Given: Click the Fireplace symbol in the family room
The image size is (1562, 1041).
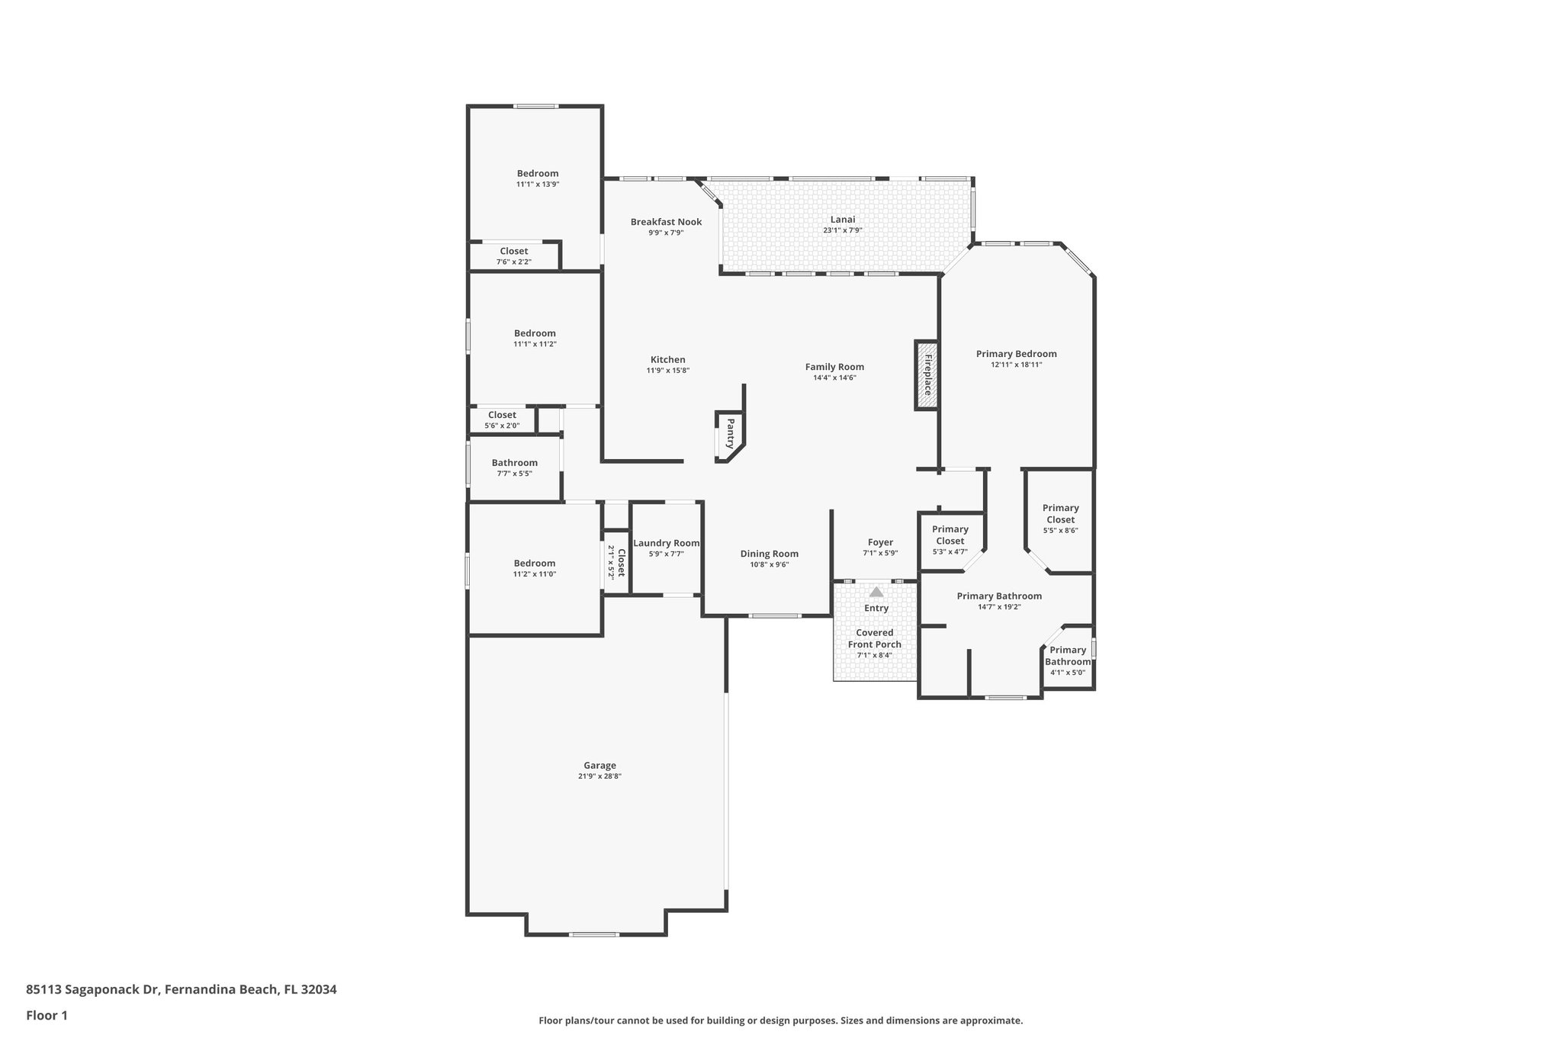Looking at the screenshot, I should (927, 375).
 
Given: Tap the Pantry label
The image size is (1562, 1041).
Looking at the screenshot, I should (730, 433).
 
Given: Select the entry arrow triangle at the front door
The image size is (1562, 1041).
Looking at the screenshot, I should (876, 592).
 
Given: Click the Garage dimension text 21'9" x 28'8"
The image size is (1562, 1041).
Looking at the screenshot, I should (599, 776).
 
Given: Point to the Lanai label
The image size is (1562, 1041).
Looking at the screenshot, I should (843, 220).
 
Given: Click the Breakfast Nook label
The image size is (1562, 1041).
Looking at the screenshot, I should (666, 222).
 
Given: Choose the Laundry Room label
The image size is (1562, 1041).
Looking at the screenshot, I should (666, 543).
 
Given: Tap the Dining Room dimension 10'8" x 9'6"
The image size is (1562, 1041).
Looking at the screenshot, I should (769, 564).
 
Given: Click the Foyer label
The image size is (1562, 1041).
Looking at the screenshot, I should (880, 542).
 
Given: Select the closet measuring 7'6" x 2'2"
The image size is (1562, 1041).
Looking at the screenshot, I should (513, 256).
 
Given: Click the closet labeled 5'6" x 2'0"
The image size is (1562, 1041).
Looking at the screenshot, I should (502, 420).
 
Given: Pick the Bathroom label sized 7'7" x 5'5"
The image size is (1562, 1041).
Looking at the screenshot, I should (514, 463).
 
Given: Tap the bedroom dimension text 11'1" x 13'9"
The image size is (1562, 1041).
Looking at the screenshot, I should (538, 185).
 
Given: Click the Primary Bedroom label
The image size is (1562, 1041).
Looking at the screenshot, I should (1016, 354).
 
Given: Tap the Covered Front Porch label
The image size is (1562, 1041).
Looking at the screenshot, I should (874, 638).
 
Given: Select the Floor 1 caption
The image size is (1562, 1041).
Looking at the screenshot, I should (47, 1015).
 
